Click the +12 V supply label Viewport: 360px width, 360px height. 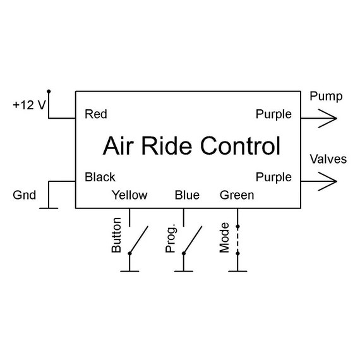coord(30,105)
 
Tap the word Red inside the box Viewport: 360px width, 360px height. coord(96,114)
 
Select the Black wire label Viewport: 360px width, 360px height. coord(100,177)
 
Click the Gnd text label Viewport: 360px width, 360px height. coord(25,195)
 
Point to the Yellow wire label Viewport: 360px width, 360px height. coord(129,195)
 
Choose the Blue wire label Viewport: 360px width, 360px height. coord(187,195)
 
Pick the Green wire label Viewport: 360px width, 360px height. coord(237,195)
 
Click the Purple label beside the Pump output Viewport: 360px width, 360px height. coord(273,114)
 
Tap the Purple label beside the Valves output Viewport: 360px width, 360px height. coord(273,177)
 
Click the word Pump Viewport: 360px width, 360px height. coord(326,97)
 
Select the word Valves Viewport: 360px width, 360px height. coord(328,159)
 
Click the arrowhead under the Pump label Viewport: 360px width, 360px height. coord(328,119)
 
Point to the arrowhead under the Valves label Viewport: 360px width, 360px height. coord(328,181)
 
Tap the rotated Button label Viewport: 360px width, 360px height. coord(116,235)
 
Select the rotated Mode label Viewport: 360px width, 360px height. coord(224,237)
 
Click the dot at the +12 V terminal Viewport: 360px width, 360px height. coord(49,92)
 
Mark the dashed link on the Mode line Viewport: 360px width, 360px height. coord(237,240)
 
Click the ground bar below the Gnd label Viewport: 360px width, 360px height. coord(49,208)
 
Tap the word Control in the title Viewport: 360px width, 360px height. coord(241,146)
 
